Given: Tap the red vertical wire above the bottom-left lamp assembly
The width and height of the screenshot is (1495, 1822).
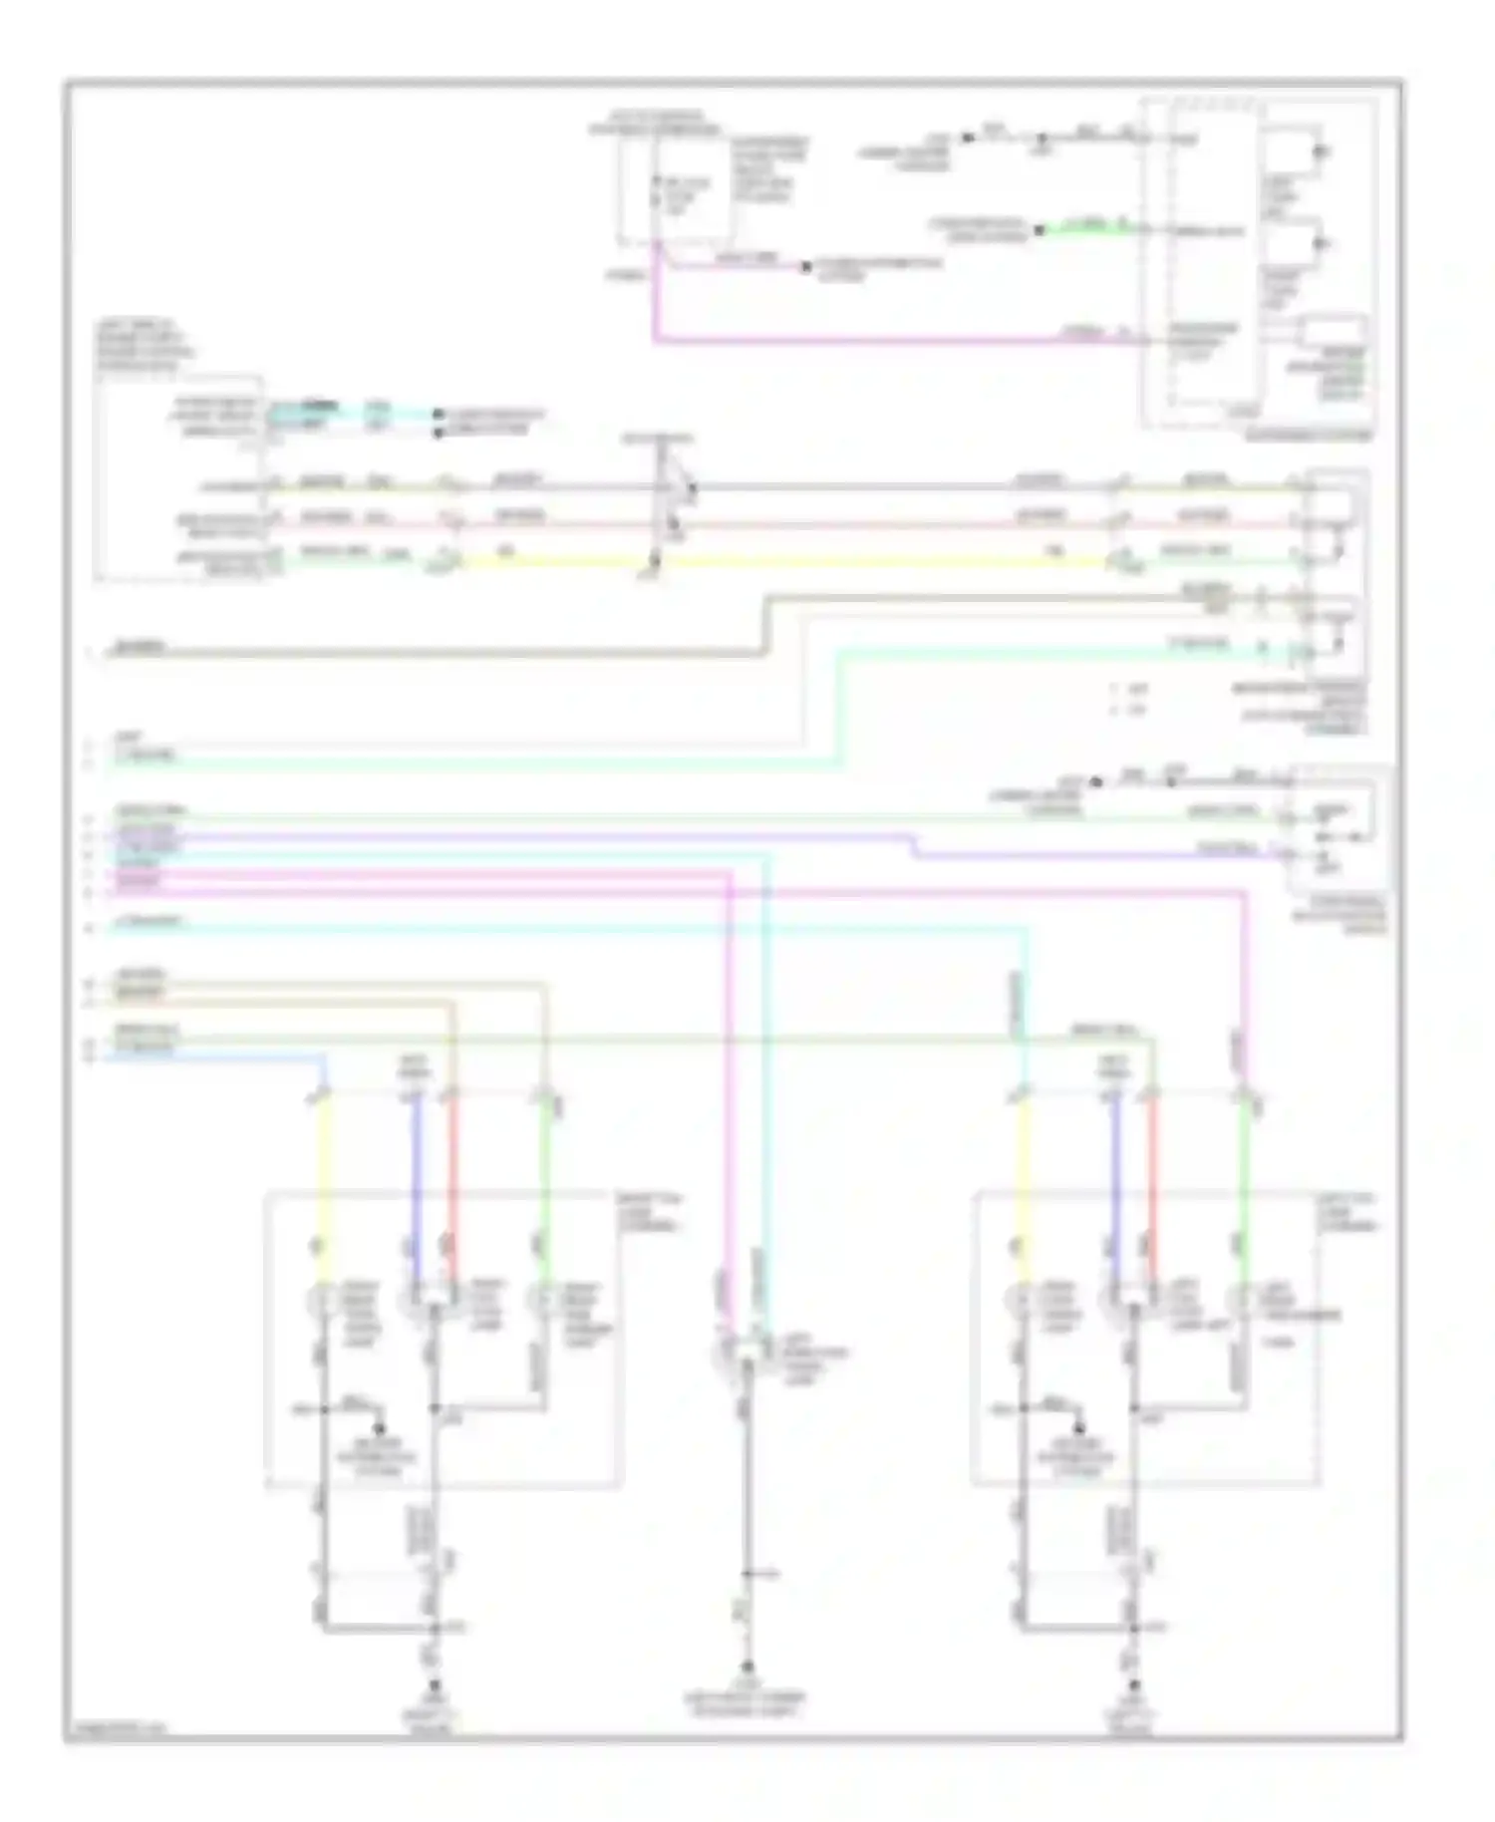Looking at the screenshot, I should click(x=450, y=1186).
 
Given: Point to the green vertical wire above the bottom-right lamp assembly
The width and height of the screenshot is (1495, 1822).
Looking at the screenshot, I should click(x=1244, y=1186).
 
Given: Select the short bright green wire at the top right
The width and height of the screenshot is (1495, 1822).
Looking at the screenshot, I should click(x=1086, y=228).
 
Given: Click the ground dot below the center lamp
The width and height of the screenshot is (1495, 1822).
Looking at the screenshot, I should click(x=745, y=1667).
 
